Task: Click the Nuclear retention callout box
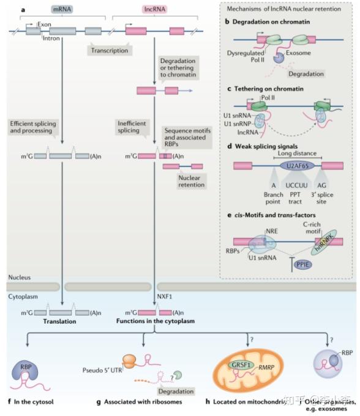pos(191,181)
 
